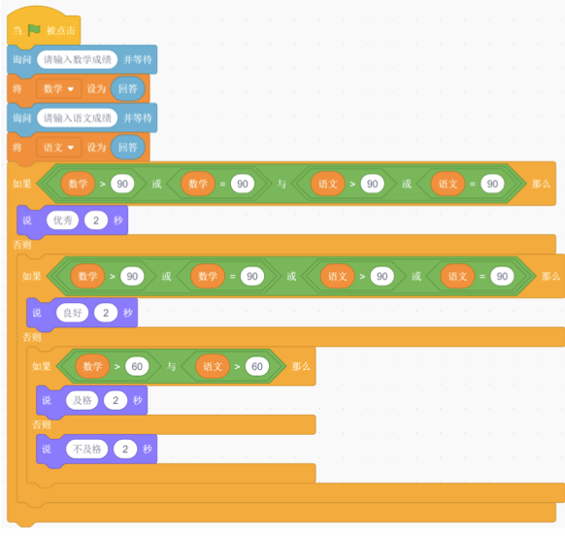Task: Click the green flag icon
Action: [34, 30]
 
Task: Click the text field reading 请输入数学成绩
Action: [77, 59]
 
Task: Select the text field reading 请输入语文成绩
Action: [77, 118]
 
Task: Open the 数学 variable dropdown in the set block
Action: [58, 88]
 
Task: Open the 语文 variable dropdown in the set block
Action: [58, 147]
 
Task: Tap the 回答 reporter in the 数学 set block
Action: [128, 88]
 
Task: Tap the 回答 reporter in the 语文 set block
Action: [128, 147]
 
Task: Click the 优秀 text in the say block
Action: [63, 220]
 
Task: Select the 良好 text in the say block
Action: [73, 313]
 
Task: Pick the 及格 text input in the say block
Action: [83, 400]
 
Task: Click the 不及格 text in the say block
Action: [86, 449]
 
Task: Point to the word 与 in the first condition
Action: [282, 184]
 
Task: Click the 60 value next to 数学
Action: [137, 366]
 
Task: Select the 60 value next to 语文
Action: [257, 366]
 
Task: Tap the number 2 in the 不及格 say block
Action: [125, 449]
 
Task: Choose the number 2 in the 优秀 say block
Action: [96, 220]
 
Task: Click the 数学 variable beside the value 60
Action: [92, 366]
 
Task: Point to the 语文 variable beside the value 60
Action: [213, 366]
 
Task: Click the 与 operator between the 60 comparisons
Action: [171, 366]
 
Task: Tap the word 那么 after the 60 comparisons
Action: [301, 366]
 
